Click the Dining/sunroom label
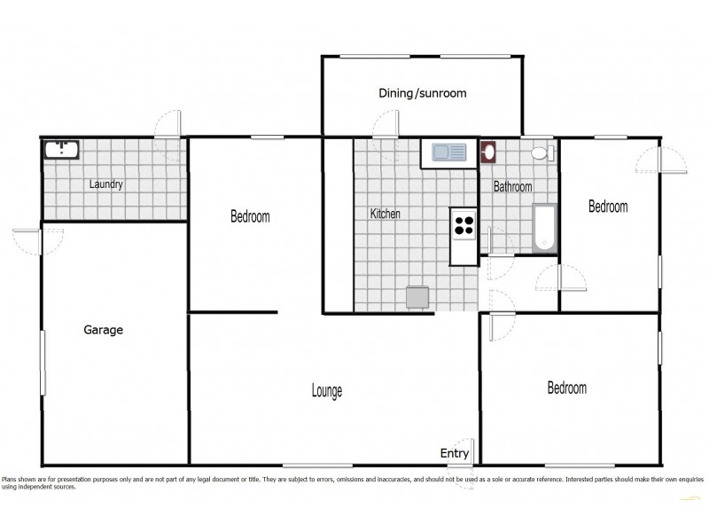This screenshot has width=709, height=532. coord(422,93)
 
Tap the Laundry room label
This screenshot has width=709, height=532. coord(105,185)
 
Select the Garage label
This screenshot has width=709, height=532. coord(103,330)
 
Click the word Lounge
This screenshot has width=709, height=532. coord(326,391)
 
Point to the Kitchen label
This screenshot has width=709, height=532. coord(385,214)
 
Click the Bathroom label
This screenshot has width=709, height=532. coord(512,187)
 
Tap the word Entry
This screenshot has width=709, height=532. coord(455,454)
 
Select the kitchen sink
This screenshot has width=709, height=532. coord(448,153)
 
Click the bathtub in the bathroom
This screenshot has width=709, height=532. coord(543,229)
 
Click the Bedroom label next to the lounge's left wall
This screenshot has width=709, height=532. coord(250,216)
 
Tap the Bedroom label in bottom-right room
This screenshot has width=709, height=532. coord(566,388)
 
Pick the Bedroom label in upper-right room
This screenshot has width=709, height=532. coord(608,207)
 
